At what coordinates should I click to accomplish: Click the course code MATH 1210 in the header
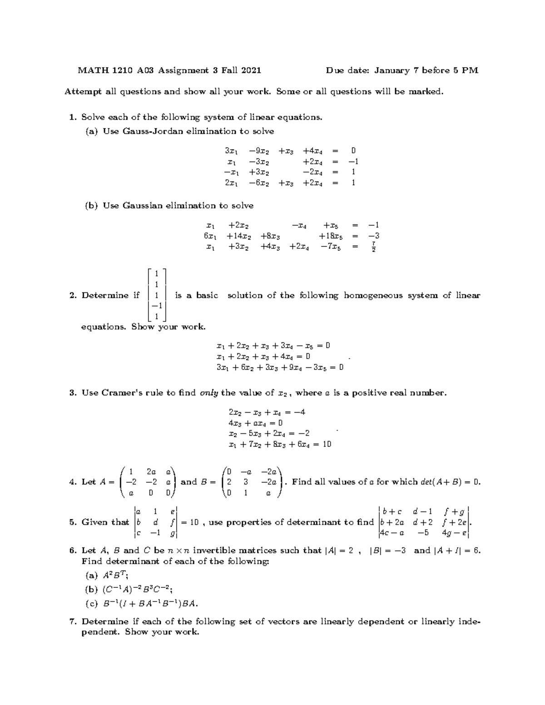tap(105, 70)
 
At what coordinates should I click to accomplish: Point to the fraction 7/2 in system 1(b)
tap(373, 247)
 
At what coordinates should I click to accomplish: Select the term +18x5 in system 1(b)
tap(331, 236)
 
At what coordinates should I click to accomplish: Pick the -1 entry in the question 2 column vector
tap(157, 306)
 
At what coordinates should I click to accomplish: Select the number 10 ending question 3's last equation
tap(327, 444)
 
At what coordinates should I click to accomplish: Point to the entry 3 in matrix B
tap(246, 482)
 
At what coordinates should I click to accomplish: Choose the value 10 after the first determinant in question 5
tap(194, 523)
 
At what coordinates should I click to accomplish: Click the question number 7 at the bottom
tap(72, 622)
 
